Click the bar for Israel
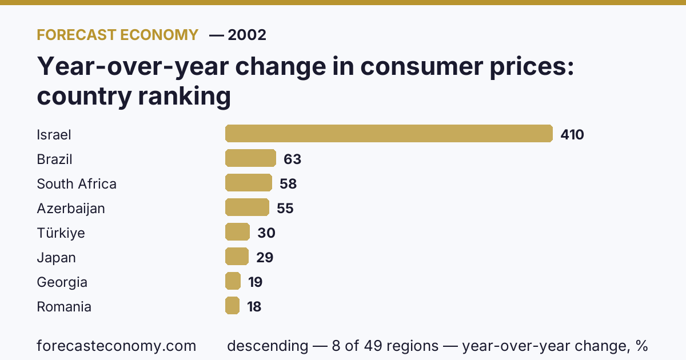(389, 134)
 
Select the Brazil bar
(250, 158)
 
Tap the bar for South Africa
(249, 182)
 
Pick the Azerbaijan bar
(247, 207)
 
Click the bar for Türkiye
(237, 232)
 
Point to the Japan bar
(237, 256)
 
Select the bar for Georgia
(233, 281)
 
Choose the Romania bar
(232, 305)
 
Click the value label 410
(572, 135)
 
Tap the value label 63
(293, 159)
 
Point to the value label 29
(265, 258)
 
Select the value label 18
(254, 306)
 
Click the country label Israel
(54, 135)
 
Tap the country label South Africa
(77, 183)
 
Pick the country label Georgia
(62, 282)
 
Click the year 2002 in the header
(247, 35)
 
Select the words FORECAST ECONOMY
(118, 35)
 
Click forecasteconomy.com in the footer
(117, 346)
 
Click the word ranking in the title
(184, 97)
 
